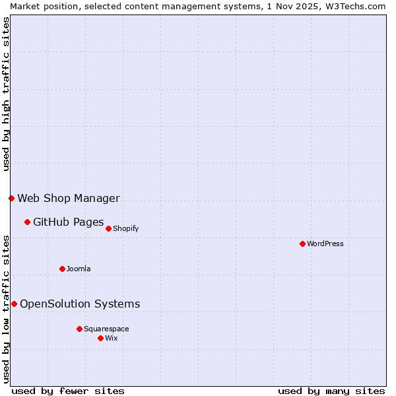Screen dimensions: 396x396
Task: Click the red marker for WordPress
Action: [302, 244]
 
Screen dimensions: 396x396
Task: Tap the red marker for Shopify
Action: [108, 228]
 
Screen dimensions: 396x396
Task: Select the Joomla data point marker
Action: [62, 269]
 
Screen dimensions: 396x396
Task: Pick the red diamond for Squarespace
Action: [79, 329]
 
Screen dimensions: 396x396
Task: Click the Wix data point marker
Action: [100, 338]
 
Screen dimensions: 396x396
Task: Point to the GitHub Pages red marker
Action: [27, 222]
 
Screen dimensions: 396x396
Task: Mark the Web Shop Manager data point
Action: [11, 198]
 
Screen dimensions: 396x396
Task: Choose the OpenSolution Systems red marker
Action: [14, 304]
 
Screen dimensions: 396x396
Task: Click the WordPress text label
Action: [325, 244]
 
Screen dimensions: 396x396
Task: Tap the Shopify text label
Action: [125, 228]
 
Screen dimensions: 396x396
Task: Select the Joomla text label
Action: [79, 269]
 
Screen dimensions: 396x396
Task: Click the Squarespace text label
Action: [106, 329]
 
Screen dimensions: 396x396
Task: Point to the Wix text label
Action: [112, 338]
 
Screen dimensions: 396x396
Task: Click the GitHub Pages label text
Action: [69, 222]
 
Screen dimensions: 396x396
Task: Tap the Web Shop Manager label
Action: [69, 198]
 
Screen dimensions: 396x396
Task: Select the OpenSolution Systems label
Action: [80, 304]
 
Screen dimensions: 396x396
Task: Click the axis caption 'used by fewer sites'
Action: [68, 391]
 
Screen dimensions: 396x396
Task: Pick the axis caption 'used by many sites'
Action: [331, 391]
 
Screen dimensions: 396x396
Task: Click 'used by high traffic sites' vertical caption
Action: [6, 94]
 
